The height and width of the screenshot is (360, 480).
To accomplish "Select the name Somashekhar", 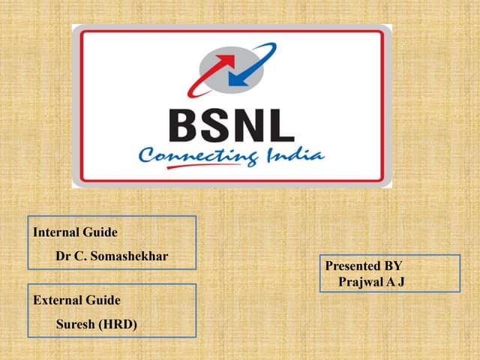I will point(132,256).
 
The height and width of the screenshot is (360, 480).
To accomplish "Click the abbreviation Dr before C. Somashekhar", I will point(64,256).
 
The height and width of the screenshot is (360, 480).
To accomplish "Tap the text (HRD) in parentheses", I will point(120,324).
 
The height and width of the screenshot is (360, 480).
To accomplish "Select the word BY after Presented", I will point(394,266).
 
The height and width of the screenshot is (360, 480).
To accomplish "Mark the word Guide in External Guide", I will point(103,300).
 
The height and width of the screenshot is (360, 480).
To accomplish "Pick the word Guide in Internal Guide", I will point(101,232).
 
